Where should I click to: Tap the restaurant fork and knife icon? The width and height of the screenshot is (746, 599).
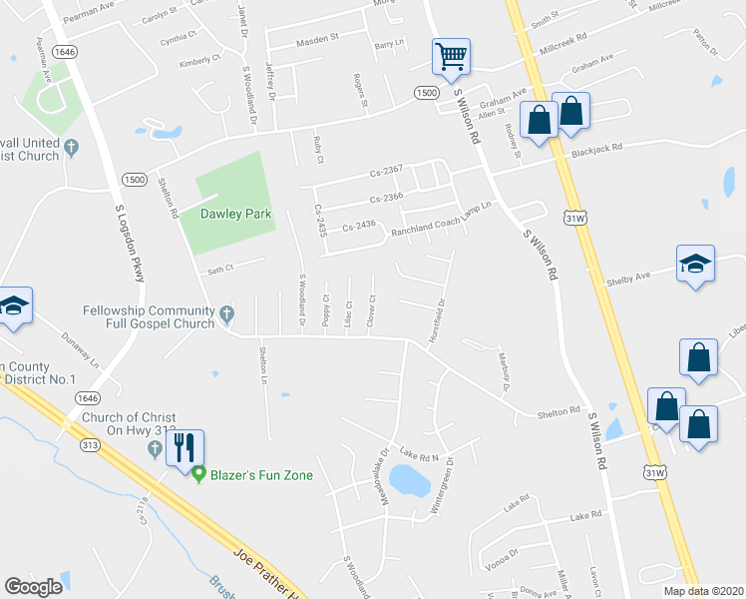[186, 446]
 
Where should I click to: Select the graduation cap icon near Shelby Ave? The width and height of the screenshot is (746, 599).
[695, 265]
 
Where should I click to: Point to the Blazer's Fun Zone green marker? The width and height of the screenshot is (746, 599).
[199, 474]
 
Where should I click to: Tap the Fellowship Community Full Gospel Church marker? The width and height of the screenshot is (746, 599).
[227, 314]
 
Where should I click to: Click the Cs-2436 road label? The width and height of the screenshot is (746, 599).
[359, 226]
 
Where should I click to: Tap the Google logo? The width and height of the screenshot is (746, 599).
[33, 587]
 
